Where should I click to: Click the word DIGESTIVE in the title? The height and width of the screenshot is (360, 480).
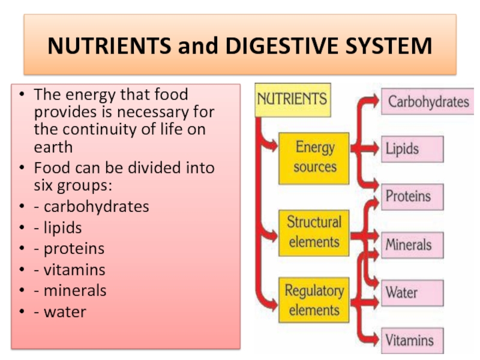coord(281,46)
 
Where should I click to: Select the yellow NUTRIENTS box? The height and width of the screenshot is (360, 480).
coord(293,100)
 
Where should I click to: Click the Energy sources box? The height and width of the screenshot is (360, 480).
coord(314,158)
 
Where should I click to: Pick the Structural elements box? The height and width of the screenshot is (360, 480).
coord(314,233)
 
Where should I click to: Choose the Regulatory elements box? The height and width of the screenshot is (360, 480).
coord(314,300)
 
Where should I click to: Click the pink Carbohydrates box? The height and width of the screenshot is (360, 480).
coord(428,101)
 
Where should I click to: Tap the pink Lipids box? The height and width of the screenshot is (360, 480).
coord(412,149)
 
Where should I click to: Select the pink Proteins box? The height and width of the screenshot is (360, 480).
coord(412,197)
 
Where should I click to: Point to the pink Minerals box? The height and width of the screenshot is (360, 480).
coord(412,245)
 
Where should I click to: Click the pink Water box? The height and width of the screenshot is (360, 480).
coord(412,293)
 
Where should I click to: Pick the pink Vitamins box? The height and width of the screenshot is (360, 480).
coord(412,341)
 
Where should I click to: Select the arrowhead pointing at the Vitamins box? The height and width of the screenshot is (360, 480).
coord(374,340)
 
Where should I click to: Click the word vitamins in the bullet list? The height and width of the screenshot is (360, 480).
coord(74,269)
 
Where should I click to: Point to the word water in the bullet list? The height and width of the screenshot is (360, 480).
coord(65,312)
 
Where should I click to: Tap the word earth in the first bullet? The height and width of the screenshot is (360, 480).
coord(53,147)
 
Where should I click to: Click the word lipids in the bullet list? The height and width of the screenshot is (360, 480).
coord(63,228)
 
